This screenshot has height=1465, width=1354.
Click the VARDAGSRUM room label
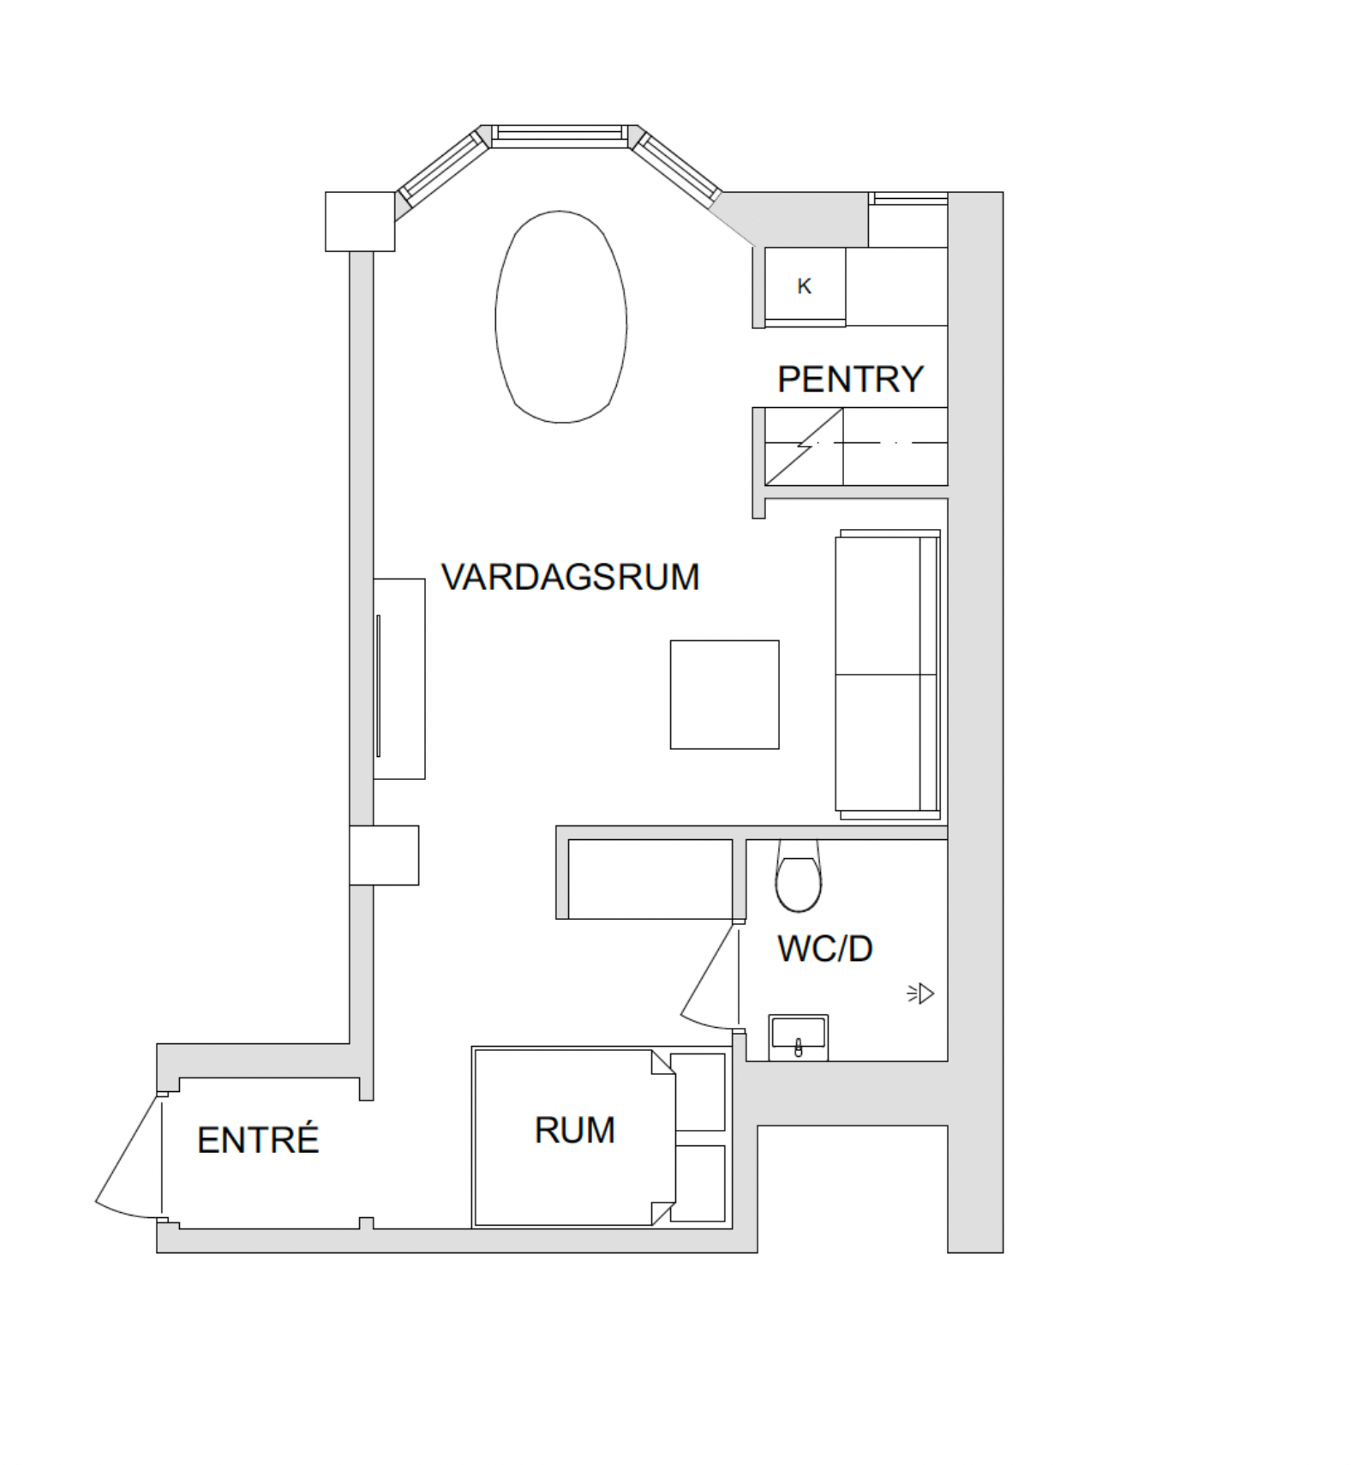tap(570, 577)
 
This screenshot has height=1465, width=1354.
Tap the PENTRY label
tap(850, 379)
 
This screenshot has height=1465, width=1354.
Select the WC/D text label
tap(824, 949)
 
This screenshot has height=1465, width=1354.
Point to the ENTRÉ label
tap(258, 1139)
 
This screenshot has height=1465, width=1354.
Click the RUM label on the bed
tap(574, 1131)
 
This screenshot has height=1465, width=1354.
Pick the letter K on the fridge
tap(804, 286)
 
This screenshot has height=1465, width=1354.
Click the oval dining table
tap(561, 317)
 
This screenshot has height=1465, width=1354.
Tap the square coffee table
tap(724, 694)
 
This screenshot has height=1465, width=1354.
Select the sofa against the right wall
tap(888, 674)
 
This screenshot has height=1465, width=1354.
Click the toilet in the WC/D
tap(798, 876)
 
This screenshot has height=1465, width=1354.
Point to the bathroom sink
tap(798, 1037)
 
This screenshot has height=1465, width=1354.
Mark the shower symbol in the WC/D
tap(920, 994)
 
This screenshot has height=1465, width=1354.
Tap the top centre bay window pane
tap(559, 135)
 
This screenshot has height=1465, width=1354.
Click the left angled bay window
tap(442, 169)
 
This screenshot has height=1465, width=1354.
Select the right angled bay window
tap(677, 167)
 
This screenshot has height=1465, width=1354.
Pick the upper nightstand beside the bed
tap(698, 1092)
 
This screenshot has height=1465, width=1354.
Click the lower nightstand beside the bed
tap(698, 1183)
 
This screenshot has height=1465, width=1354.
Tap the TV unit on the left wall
tap(399, 679)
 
